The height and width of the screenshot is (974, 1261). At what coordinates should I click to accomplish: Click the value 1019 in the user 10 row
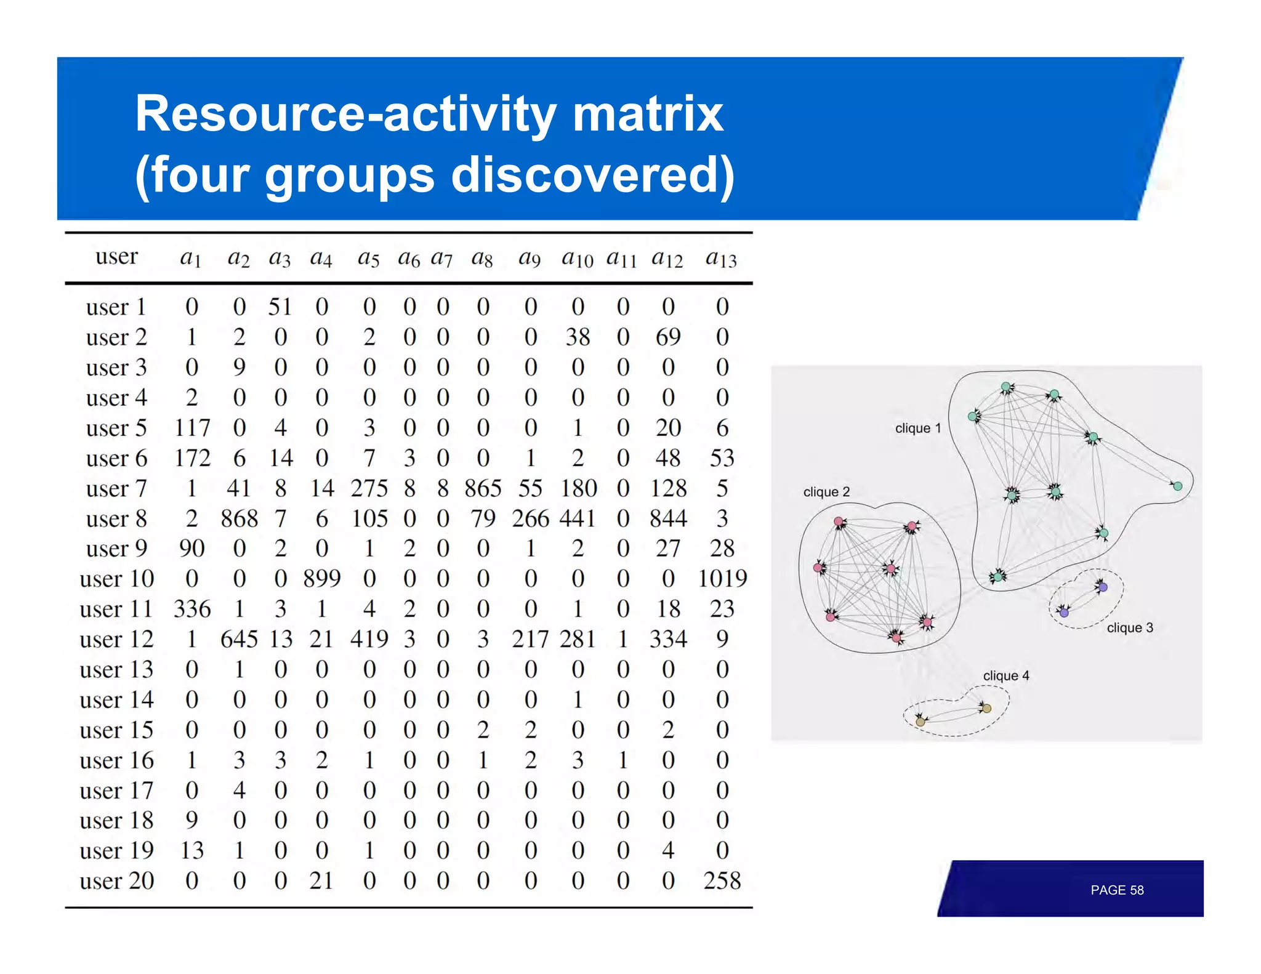[722, 579]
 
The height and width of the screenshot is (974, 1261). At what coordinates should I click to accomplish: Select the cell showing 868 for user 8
[240, 518]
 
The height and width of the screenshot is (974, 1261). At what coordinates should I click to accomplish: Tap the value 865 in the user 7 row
[483, 488]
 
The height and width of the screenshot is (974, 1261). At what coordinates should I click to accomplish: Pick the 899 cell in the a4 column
[321, 579]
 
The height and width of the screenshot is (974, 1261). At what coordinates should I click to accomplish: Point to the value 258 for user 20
[722, 880]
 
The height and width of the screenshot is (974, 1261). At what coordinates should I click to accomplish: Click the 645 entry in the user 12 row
[240, 639]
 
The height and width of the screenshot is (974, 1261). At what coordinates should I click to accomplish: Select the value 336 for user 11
[192, 609]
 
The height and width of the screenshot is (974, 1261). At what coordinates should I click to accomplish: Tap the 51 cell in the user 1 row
[280, 307]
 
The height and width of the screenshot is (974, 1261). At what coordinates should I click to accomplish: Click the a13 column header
[721, 258]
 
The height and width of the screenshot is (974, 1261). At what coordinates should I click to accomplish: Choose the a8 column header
[482, 258]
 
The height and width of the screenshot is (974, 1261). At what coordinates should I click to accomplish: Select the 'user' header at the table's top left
[116, 256]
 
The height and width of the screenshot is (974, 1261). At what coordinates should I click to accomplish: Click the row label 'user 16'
[116, 760]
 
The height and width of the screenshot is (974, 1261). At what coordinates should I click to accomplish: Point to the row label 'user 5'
[116, 428]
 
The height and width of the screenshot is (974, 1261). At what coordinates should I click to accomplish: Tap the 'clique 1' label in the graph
[917, 429]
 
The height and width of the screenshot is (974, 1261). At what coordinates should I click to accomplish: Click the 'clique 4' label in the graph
[1005, 675]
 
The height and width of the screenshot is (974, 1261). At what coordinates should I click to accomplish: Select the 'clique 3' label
[1129, 628]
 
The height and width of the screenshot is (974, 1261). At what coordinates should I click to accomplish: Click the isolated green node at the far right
[1177, 486]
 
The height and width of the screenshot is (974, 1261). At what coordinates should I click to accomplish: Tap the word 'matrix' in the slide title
[648, 114]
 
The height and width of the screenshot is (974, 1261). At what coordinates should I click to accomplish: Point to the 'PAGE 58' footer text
[1116, 890]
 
